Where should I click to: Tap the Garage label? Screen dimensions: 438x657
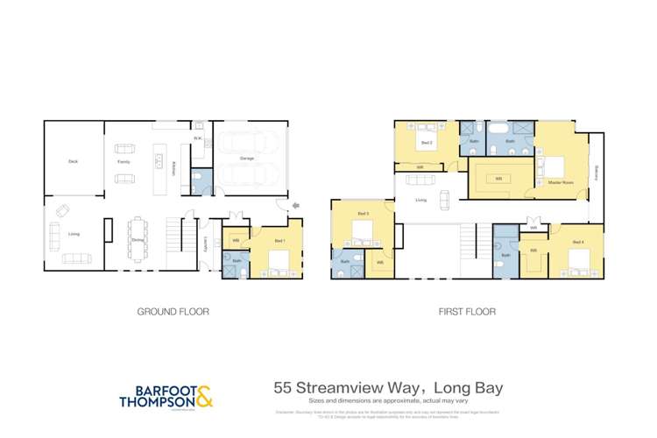coord(247,159)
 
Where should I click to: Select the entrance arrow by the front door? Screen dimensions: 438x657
coord(294,208)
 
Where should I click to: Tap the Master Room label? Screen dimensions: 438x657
coord(561,182)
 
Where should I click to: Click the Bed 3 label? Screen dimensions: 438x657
coord(364,214)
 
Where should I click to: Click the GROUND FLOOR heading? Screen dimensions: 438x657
coord(173,311)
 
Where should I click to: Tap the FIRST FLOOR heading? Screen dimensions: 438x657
coord(468,311)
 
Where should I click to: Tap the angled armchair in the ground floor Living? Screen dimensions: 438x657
coord(62,210)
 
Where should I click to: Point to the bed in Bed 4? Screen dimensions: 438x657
coord(576,260)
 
